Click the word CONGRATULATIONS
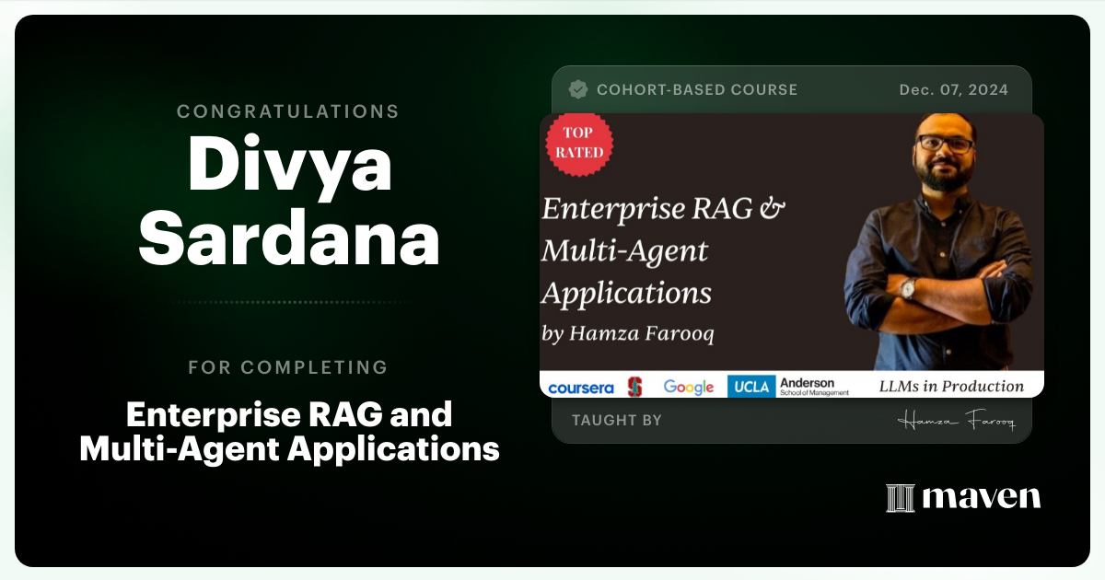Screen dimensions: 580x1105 tap(288, 111)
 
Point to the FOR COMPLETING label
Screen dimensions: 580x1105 tap(288, 367)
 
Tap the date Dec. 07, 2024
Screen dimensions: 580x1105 tap(953, 89)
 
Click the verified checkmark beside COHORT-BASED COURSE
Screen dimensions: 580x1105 tap(578, 89)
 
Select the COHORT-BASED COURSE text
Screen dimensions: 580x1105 tap(697, 89)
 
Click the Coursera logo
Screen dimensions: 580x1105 tap(580, 388)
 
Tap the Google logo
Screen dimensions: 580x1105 tap(689, 387)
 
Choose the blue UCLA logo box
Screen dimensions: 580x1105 tap(751, 387)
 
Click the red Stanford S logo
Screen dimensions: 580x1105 tap(634, 387)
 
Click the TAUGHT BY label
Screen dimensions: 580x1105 tap(617, 420)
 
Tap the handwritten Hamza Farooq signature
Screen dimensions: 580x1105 tap(956, 422)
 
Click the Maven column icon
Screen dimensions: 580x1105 tap(900, 498)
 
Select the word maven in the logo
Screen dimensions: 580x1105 tap(982, 498)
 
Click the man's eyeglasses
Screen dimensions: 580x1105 tap(944, 145)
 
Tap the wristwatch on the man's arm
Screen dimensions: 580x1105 tap(908, 288)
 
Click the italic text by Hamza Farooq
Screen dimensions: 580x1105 tap(628, 333)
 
